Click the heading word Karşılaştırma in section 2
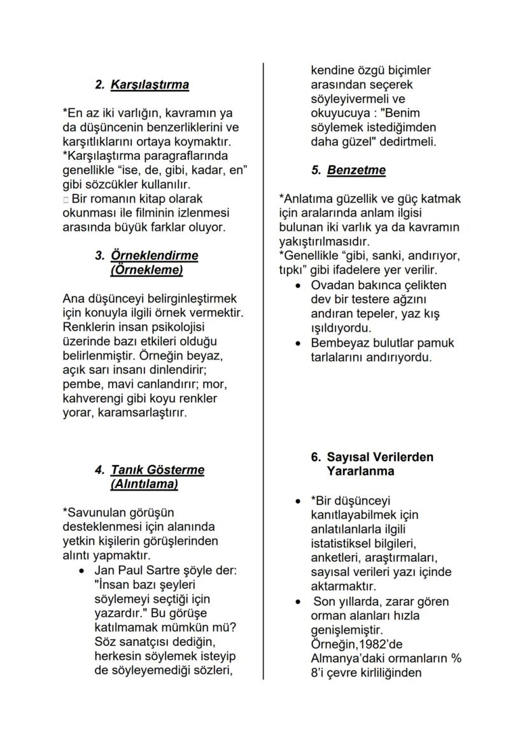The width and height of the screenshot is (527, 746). click(x=150, y=85)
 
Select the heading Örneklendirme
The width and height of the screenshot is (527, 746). click(x=154, y=255)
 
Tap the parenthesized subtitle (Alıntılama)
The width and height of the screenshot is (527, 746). click(x=144, y=484)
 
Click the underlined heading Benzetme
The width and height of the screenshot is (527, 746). click(x=356, y=171)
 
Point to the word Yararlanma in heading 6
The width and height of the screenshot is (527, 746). click(x=360, y=471)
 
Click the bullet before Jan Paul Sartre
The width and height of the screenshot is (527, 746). click(x=81, y=571)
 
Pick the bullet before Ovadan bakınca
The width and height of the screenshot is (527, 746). click(x=297, y=285)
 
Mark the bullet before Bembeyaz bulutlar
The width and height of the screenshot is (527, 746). click(x=297, y=343)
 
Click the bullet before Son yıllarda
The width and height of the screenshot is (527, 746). click(x=297, y=602)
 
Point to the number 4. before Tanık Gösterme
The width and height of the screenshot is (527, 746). click(x=100, y=470)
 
